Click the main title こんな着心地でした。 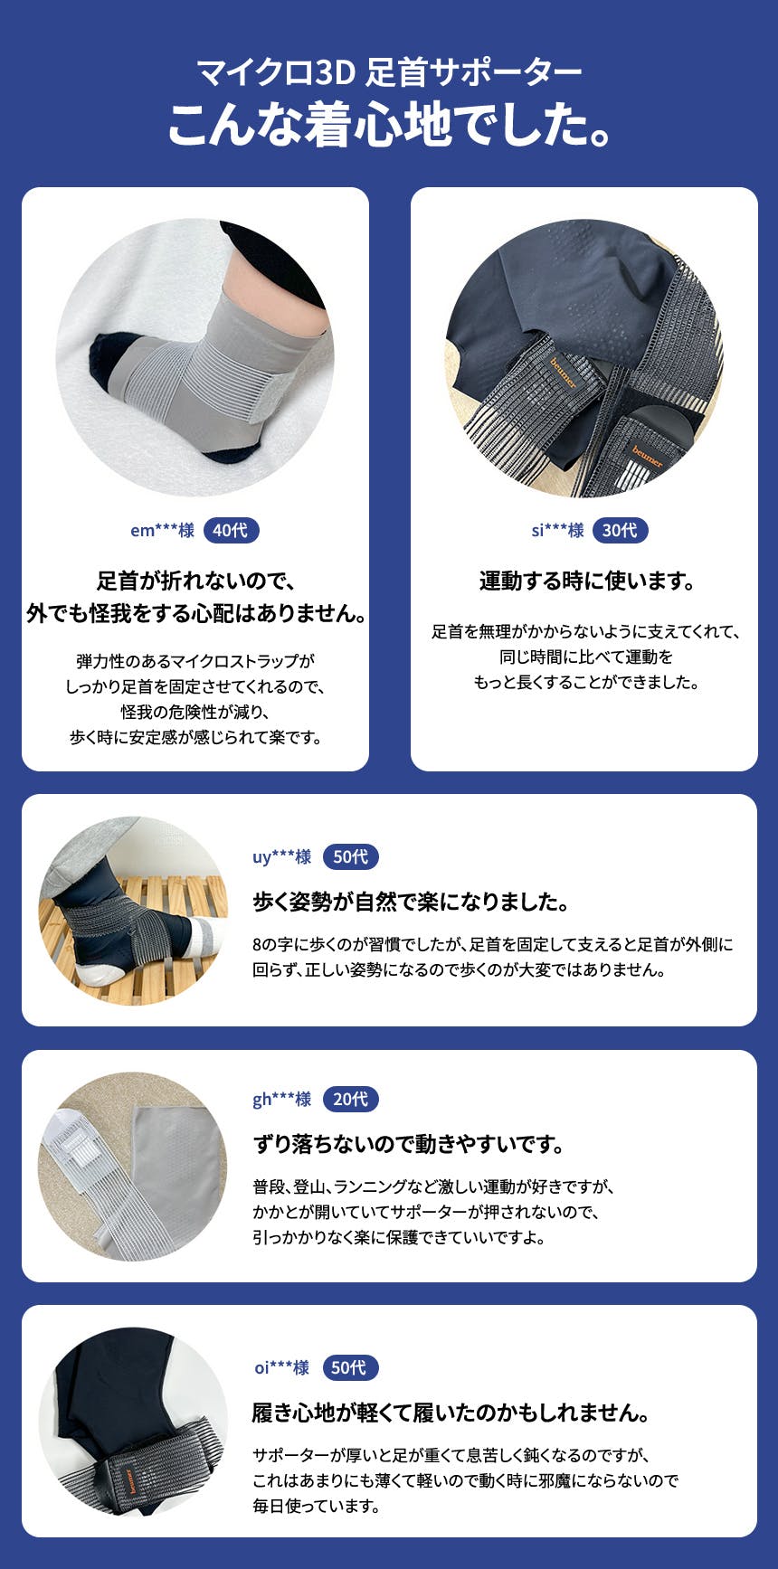coord(389,125)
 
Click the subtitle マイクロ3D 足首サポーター coord(389,72)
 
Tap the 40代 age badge coord(231,531)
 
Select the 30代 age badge coord(620,531)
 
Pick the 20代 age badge coord(350,1100)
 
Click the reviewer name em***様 coord(162,531)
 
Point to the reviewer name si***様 coord(557,531)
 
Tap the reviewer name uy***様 coord(282,857)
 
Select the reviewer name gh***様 coord(282,1100)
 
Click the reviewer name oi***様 coord(282,1368)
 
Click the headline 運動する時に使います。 coord(587,581)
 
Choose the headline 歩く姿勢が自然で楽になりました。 coord(412,902)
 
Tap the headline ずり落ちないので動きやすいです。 coord(409,1145)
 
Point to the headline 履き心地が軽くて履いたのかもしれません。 coord(451,1413)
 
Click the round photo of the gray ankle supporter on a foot coord(195,357)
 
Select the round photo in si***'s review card coord(584,357)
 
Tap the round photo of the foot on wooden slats coord(133,911)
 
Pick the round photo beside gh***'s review coord(133,1167)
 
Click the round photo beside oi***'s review coord(133,1422)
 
